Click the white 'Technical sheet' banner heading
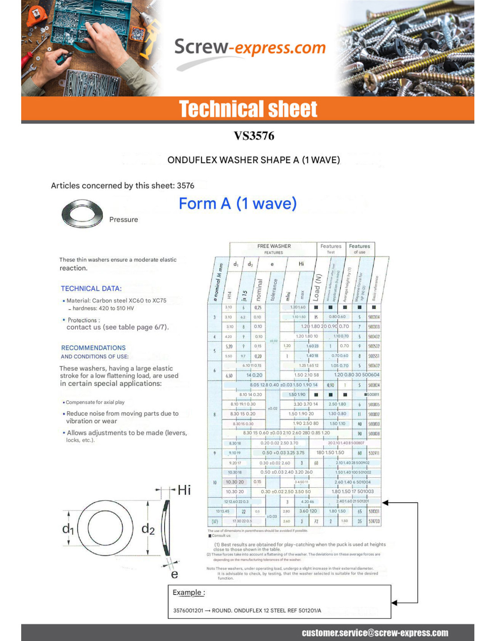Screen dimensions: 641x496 (x=248, y=109)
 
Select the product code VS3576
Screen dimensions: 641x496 (x=254, y=136)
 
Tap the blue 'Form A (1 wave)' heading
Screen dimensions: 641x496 (x=238, y=203)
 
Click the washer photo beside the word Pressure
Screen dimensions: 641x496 (x=82, y=213)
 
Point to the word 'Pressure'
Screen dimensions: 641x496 (x=124, y=220)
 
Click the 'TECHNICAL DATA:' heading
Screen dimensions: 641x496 (x=91, y=288)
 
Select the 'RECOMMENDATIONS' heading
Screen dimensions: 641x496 (x=93, y=348)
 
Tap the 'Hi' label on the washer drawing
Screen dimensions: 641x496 (x=184, y=490)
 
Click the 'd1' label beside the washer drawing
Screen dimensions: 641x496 (x=68, y=529)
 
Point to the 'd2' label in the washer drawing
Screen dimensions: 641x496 (x=148, y=529)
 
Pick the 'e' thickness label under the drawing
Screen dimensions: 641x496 (x=175, y=574)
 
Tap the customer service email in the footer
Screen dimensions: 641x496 (x=375, y=633)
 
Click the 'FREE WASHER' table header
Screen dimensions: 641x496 (x=274, y=246)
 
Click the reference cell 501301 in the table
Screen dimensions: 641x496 (x=374, y=512)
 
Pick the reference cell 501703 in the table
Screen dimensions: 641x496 (x=374, y=521)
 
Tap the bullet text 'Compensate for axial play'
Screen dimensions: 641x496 (x=95, y=402)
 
